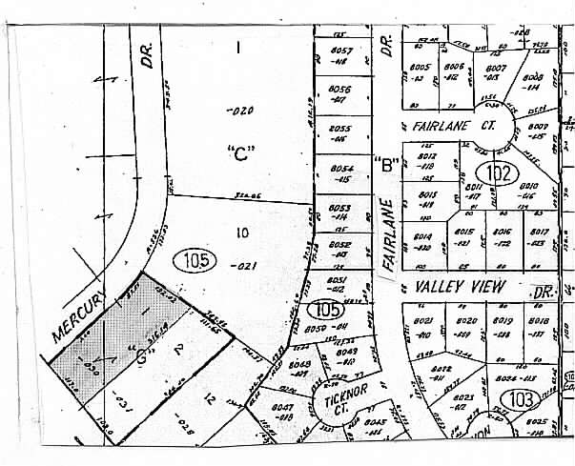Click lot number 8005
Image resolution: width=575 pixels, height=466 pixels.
[x=421, y=68]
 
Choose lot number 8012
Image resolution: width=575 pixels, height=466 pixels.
[x=426, y=155]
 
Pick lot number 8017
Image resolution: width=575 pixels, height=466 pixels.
[x=538, y=232]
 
